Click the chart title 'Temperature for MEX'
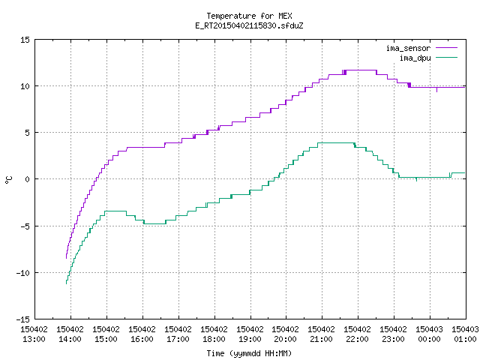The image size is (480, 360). click(249, 16)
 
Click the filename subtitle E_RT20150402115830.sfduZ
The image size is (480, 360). click(249, 25)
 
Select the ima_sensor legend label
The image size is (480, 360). click(408, 48)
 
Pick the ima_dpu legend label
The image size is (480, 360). click(415, 58)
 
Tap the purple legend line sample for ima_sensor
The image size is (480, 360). click(447, 48)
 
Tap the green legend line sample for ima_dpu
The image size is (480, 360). click(447, 58)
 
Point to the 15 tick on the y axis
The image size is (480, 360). click(25, 40)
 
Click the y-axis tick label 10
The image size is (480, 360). click(25, 86)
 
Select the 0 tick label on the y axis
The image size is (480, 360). click(27, 179)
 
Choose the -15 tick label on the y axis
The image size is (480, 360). click(23, 319)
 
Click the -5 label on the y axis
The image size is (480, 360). click(25, 226)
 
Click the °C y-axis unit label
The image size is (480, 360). click(8, 180)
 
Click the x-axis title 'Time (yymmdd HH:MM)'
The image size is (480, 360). click(249, 353)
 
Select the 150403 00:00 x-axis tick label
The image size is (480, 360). click(429, 334)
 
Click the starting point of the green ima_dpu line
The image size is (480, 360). click(67, 283)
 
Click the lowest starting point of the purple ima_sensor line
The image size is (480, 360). click(67, 258)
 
